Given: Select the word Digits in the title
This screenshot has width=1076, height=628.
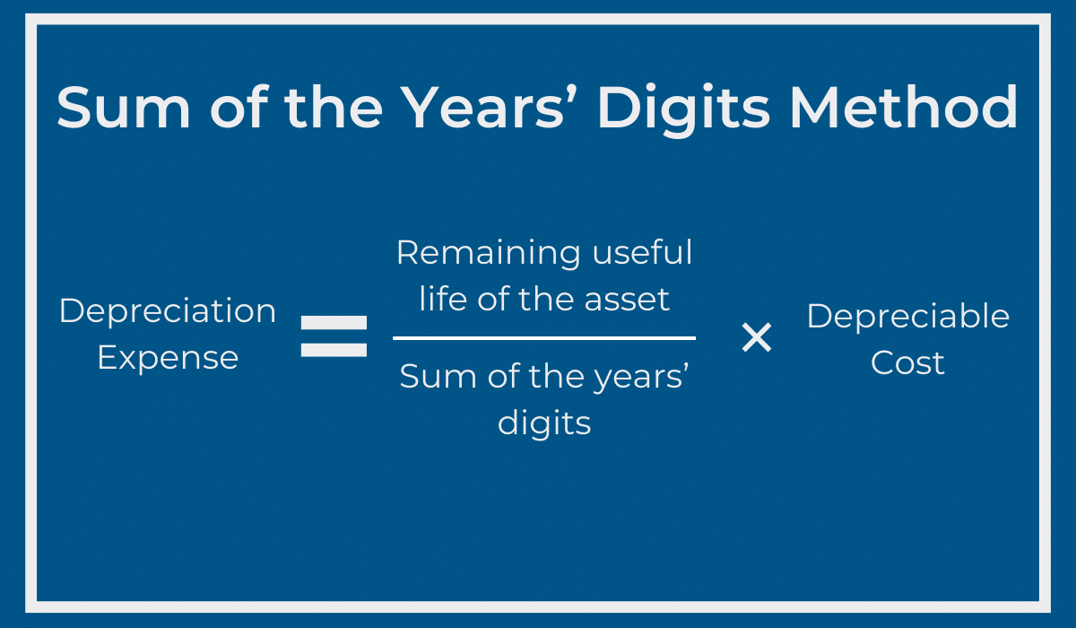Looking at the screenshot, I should pos(683,109).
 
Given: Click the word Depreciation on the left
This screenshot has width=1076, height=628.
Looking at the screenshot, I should pos(168,311).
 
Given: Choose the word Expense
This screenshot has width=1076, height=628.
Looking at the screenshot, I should pos(168,358).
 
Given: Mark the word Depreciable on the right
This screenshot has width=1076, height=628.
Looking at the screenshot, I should pos(907,317).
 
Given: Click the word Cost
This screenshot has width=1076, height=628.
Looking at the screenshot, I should pos(907,363).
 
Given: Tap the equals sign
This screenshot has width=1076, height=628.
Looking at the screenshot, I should pos(334,336).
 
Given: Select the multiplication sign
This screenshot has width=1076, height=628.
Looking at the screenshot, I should pos(756,338).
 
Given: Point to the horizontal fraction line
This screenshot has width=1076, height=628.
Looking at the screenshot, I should pos(544,338).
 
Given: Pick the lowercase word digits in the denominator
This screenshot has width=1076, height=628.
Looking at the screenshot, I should pos(544,422).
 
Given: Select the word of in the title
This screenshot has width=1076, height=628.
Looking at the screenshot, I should pos(230,108).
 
